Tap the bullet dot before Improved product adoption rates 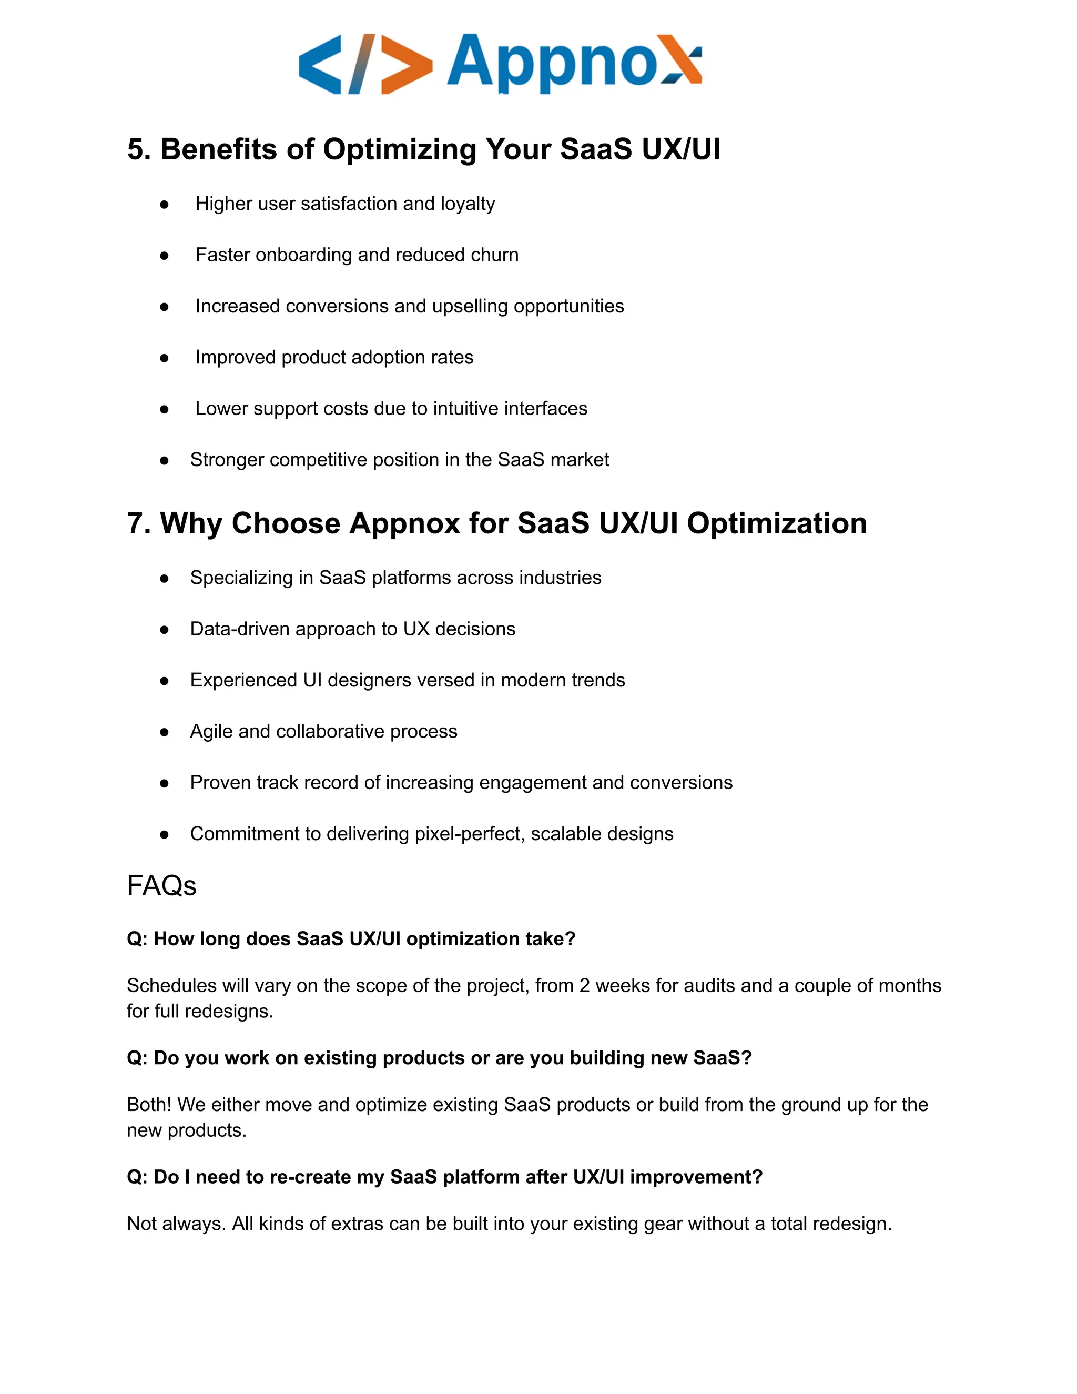pyautogui.click(x=164, y=358)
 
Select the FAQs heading pyautogui.click(x=161, y=886)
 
